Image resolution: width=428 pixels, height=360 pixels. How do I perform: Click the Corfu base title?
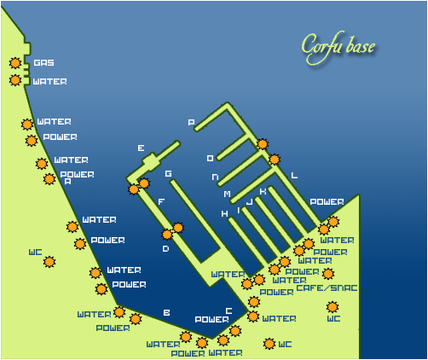pos(338,46)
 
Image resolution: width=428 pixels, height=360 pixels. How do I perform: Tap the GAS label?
pos(43,63)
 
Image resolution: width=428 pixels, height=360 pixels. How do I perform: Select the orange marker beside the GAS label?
pos(15,62)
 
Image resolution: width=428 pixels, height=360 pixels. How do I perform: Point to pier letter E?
pos(141,148)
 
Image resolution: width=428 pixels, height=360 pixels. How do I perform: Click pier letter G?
pos(169,174)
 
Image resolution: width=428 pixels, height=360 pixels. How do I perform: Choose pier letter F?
pos(161,202)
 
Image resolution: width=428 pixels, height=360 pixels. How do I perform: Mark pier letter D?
pos(165,249)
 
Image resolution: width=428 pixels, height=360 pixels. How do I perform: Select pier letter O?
pos(211,159)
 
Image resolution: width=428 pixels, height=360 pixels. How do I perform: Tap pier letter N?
pos(216,177)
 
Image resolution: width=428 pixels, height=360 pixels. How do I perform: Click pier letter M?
pos(227,195)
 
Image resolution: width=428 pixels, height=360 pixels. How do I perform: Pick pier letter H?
pos(224,214)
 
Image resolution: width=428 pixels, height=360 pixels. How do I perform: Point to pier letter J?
pos(249,203)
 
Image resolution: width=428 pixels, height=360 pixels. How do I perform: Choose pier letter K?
pos(263,192)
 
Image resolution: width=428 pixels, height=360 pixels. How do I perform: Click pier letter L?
pos(294,176)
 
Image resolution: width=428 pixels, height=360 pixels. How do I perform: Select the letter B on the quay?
pos(166,313)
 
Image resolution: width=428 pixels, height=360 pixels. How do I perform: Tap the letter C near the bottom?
pos(228,311)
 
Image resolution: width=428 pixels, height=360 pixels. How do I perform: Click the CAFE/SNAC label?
pos(327,288)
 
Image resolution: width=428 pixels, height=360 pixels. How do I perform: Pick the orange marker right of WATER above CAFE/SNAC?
pos(328,274)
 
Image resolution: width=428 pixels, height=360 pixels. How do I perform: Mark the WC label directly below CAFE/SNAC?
pos(333,319)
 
